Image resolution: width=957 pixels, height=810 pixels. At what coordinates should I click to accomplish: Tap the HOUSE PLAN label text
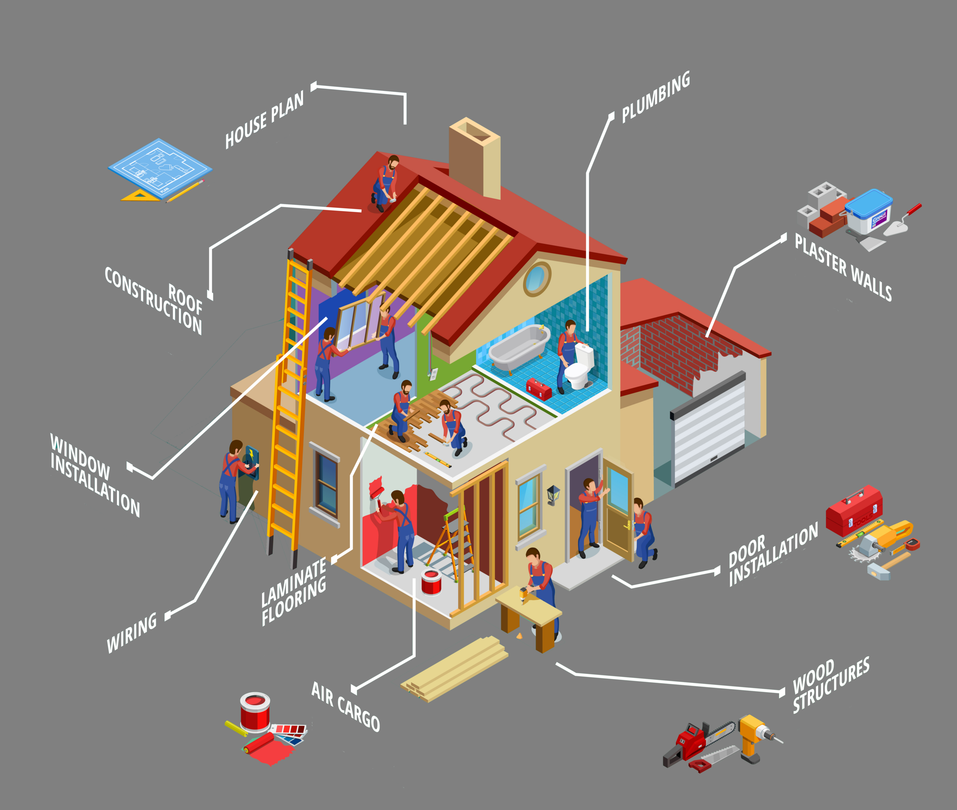tap(264, 120)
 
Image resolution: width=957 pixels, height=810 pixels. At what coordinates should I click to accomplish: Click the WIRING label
tap(132, 633)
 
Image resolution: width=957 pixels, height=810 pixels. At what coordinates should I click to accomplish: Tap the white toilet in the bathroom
tap(579, 366)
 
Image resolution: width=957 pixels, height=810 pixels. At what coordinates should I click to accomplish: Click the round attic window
tap(536, 279)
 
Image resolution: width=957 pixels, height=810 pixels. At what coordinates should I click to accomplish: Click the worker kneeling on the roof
tap(385, 183)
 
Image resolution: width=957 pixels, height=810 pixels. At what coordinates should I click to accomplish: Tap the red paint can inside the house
tap(431, 582)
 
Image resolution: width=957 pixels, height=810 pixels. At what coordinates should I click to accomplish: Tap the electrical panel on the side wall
tap(252, 462)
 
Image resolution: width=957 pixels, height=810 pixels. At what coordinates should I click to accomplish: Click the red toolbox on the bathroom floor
tap(538, 389)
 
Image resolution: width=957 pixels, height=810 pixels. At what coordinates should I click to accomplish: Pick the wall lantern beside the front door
tap(553, 494)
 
